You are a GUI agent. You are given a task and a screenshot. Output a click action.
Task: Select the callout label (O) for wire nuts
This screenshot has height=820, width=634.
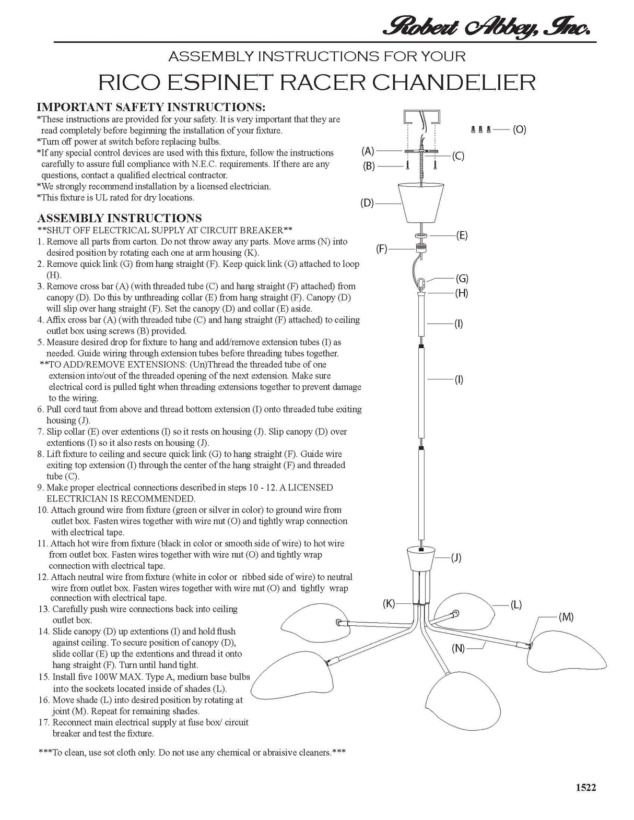point(519,129)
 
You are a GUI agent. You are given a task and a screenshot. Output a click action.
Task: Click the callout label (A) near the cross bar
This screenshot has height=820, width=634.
point(368,151)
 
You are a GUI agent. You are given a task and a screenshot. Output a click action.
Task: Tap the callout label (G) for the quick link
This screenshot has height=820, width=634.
point(462,278)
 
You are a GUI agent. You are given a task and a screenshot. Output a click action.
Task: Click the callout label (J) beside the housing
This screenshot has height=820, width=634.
point(456,557)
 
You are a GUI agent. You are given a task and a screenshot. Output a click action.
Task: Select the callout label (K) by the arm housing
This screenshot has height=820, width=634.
point(389,604)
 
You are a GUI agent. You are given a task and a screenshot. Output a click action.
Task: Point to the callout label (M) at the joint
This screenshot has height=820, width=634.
point(566,617)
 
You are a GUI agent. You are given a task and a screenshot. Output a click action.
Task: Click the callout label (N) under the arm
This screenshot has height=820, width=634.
point(458,648)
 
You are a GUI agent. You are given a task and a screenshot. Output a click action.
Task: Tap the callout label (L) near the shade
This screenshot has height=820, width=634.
point(516,605)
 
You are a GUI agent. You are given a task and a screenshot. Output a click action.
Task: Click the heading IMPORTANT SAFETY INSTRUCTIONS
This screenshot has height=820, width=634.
point(151,107)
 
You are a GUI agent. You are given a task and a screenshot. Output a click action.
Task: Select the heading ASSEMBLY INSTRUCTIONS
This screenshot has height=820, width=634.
point(120,218)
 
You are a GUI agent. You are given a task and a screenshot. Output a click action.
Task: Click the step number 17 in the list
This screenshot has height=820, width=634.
point(43,722)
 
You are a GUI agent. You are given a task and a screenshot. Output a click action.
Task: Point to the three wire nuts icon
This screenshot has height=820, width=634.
point(481,129)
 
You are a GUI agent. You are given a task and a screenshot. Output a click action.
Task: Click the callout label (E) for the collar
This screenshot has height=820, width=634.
point(462,235)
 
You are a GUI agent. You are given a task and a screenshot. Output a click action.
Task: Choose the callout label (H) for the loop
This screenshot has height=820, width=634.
point(462,293)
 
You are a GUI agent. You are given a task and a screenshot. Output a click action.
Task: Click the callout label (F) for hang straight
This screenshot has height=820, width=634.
point(382,249)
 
